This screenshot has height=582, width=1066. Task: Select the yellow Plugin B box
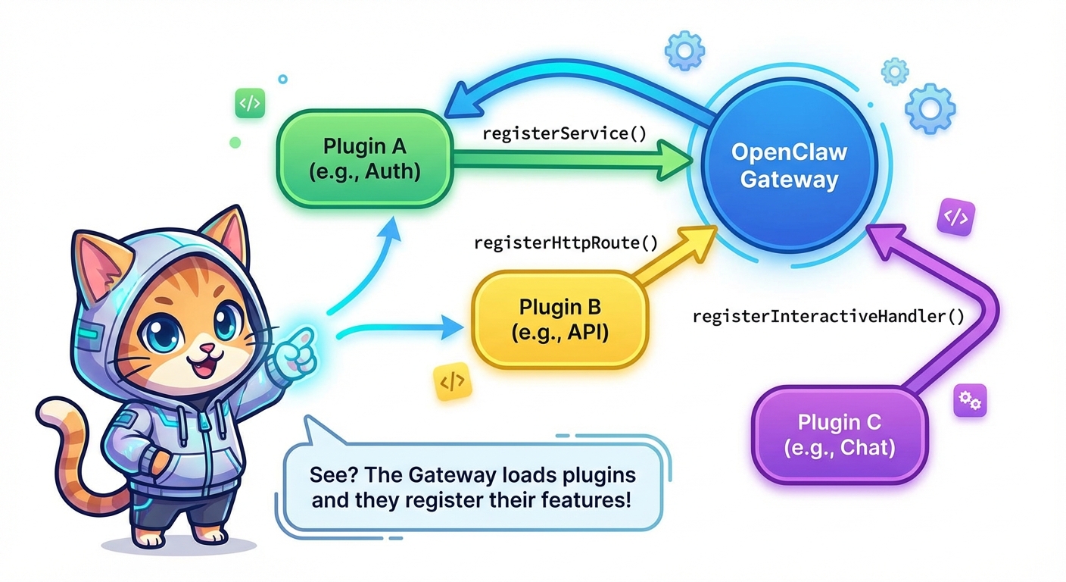click(x=560, y=319)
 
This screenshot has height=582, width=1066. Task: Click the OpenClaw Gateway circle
click(x=789, y=165)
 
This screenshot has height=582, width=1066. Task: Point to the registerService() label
click(x=564, y=134)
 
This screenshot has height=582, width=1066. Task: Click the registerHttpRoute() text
click(x=566, y=242)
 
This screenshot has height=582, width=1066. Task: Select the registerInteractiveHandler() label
click(x=828, y=316)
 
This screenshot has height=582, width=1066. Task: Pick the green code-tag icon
click(x=249, y=104)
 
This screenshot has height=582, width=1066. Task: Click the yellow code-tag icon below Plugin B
click(x=451, y=383)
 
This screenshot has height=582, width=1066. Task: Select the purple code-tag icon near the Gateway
click(x=955, y=218)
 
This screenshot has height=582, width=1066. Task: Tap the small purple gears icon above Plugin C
click(x=968, y=400)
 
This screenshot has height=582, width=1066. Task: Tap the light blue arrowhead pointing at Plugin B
click(x=453, y=328)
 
